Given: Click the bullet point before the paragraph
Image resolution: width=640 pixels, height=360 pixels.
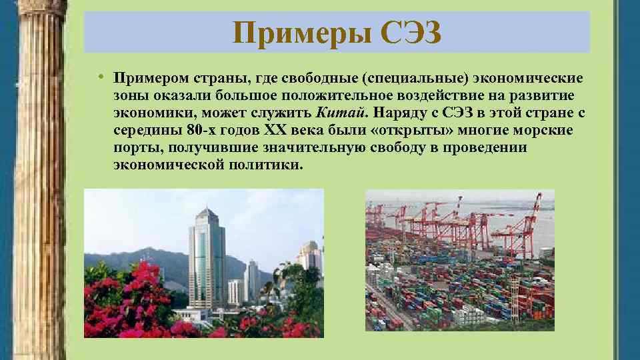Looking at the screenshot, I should (98, 77).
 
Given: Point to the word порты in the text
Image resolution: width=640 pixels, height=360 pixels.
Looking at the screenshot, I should (134, 147).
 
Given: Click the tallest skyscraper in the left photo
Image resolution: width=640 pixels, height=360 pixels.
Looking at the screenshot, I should (206, 260).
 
